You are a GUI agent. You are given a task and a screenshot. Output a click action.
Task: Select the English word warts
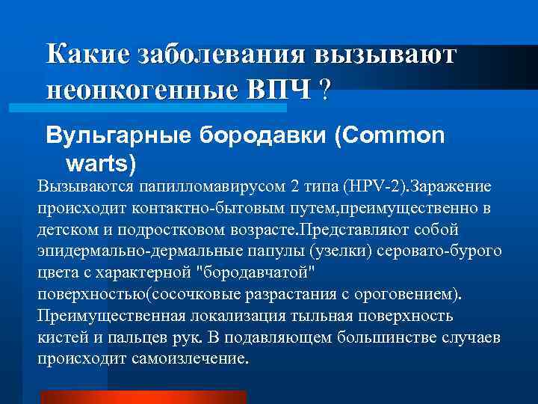point(112,162)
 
